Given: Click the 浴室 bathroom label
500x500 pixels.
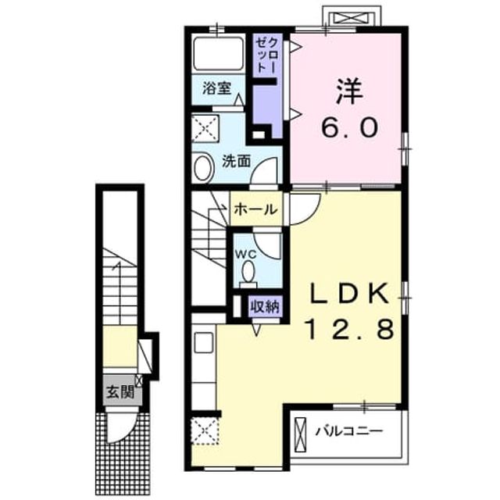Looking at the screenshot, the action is tap(217, 88).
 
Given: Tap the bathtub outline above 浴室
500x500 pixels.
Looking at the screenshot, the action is tap(219, 54).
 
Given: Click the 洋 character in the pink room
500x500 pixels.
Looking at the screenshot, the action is tap(349, 91).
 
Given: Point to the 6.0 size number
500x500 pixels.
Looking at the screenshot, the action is tap(350, 127).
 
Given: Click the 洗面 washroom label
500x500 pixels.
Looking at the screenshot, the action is tap(237, 161).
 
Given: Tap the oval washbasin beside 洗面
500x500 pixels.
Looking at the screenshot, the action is tap(203, 168).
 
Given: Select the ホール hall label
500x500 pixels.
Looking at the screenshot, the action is tap(256, 209).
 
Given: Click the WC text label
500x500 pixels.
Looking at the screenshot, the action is tap(246, 254).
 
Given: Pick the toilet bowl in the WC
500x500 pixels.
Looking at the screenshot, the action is tap(248, 273).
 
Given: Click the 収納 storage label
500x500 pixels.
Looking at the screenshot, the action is tap(264, 306).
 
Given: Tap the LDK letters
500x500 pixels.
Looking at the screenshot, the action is tap(350, 294).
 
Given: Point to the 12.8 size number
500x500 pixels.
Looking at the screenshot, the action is tap(350, 329).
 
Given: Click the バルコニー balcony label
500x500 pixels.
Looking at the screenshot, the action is tap(349, 432).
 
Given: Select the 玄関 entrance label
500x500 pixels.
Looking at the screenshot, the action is tap(120, 391).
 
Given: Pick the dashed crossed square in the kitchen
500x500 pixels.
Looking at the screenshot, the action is tap(205, 430).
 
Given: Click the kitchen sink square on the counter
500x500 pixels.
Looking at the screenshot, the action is tap(204, 342).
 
